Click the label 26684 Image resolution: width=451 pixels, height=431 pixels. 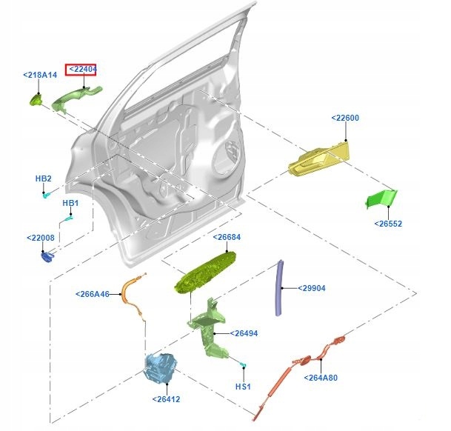coord(227,238)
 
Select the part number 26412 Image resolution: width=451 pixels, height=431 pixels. coord(167,399)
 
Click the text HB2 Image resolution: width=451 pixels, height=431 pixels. coord(44,178)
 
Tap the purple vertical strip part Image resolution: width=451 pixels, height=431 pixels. coord(280,288)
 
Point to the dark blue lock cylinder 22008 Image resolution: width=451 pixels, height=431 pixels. coord(48,256)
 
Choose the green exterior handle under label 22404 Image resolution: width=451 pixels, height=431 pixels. coord(76,96)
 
